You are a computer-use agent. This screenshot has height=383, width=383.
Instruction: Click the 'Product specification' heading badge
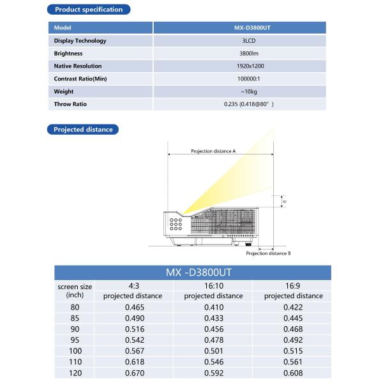(89, 10)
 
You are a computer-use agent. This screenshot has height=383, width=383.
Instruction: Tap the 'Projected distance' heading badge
(83, 129)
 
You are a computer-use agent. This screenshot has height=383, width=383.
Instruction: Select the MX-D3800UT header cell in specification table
(239, 28)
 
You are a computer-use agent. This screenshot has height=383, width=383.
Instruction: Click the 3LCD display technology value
(239, 41)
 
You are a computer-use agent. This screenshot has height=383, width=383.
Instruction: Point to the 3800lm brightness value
(239, 54)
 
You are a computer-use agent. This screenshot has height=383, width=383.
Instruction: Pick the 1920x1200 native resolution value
(239, 66)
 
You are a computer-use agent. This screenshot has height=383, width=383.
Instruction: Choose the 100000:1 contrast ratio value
(239, 79)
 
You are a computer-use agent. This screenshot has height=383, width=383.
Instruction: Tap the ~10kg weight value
(239, 91)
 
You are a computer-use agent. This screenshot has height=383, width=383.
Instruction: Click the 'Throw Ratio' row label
(70, 103)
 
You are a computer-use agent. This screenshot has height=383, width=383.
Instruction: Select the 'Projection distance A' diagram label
(213, 151)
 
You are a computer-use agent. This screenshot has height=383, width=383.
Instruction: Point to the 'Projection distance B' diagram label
(268, 253)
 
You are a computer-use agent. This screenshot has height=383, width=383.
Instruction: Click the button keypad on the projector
(177, 222)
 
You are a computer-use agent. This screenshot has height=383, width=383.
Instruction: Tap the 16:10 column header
(213, 285)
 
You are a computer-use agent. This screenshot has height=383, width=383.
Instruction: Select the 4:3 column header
(133, 285)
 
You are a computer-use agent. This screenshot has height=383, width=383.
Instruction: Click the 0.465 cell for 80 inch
(134, 307)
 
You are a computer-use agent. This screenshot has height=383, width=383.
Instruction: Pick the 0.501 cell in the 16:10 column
(213, 350)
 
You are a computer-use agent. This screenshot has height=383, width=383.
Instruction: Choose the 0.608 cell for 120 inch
(293, 373)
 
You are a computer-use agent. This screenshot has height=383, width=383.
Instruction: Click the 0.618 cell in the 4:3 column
(134, 361)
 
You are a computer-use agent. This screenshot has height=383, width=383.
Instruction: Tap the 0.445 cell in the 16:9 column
(293, 318)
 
